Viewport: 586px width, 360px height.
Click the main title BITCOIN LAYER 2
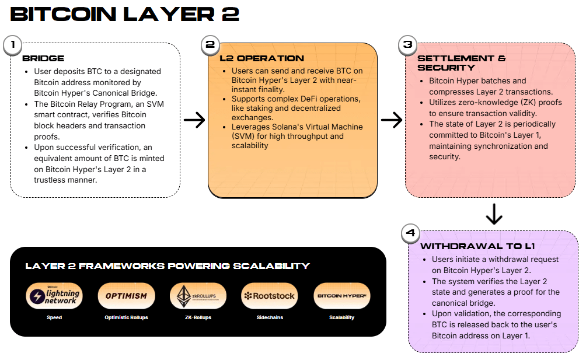click(125, 14)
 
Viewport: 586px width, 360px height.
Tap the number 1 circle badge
click(13, 46)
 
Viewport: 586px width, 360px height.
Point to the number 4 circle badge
click(411, 233)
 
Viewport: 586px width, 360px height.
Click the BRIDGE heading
click(43, 58)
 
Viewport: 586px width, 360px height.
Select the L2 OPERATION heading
click(261, 58)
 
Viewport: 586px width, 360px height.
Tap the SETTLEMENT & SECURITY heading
click(461, 63)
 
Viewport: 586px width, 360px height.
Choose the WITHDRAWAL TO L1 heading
click(477, 246)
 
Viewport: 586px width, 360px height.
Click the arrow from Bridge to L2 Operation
click(194, 120)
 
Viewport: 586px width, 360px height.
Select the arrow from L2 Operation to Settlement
click(392, 120)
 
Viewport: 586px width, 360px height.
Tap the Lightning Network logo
click(54, 296)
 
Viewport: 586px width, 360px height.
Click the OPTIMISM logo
click(126, 296)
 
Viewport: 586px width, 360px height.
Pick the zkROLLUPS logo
click(198, 296)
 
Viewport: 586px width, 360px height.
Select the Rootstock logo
click(270, 296)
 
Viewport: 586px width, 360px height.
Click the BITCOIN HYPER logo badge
click(341, 296)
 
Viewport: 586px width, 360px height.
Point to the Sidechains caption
click(270, 317)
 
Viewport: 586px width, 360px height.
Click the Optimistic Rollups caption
click(126, 317)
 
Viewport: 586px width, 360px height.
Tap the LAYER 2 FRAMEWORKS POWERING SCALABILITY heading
click(167, 266)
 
